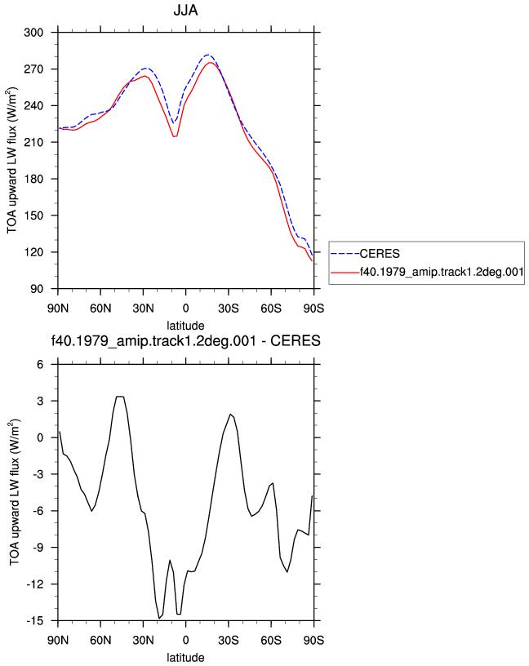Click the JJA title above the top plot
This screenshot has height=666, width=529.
[x=185, y=10]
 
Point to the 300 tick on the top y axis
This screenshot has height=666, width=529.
[x=33, y=33]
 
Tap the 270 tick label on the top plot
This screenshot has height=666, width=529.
[x=33, y=69]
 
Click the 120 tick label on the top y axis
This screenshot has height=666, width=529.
[x=33, y=252]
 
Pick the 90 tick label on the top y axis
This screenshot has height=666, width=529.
[x=37, y=289]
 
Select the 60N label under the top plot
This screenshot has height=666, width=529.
[x=100, y=308]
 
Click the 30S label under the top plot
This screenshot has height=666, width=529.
[x=229, y=308]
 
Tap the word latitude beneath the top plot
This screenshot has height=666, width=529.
[x=185, y=326]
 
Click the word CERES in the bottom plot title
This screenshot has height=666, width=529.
[x=296, y=340]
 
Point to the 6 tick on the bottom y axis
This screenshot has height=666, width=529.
[x=40, y=365]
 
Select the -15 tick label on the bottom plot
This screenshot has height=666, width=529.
[x=35, y=621]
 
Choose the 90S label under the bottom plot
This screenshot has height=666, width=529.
[x=313, y=640]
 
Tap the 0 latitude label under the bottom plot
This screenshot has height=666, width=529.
[x=185, y=640]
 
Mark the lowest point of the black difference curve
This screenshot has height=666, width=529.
[x=159, y=618]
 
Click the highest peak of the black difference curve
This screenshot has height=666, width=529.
[x=120, y=397]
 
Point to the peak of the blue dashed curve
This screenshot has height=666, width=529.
[x=207, y=55]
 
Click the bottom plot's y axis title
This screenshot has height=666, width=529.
[x=15, y=492]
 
